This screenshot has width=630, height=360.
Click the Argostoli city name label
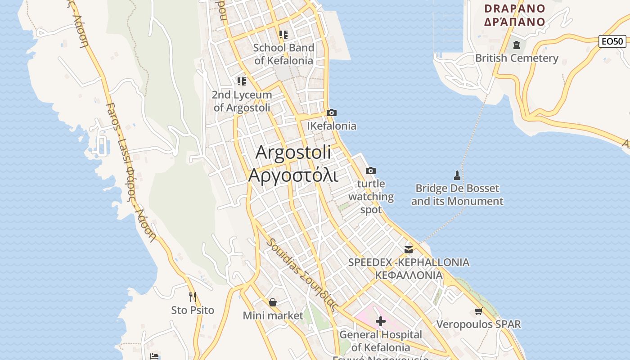point(293,163)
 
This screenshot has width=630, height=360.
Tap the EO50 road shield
point(613,41)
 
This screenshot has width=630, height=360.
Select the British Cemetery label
point(517,58)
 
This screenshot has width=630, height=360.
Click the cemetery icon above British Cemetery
point(516,45)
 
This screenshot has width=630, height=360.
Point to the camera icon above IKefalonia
point(332,112)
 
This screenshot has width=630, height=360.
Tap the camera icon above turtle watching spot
point(371,171)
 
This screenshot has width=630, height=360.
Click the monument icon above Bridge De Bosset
point(457,175)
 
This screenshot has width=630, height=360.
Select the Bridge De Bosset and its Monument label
point(457,195)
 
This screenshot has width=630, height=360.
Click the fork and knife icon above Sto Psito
point(193,297)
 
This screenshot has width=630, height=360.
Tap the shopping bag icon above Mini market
point(273,302)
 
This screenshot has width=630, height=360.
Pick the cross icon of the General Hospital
point(381,321)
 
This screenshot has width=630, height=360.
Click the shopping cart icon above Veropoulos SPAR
point(478,311)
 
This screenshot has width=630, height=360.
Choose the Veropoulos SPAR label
point(478,324)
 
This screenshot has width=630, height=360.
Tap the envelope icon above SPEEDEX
point(409,249)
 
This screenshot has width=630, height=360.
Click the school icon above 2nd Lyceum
point(242,81)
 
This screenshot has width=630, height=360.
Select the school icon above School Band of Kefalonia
point(283,34)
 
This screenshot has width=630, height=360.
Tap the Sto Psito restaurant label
point(193,310)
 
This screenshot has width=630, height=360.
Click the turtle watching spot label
point(371,197)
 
